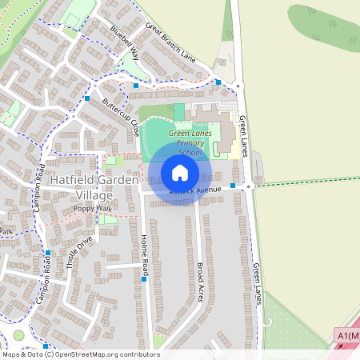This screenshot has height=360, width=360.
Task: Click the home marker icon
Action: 180,172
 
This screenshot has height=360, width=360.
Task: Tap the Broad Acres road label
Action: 201,279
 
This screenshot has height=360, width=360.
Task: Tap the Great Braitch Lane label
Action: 170,41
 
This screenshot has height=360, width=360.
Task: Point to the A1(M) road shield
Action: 347,336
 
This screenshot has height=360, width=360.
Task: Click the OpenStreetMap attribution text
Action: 81,354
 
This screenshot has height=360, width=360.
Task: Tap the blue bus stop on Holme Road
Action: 144,279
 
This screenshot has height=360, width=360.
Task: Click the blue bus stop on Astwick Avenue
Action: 233,186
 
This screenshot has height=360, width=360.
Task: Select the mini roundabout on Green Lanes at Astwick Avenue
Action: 249,186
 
